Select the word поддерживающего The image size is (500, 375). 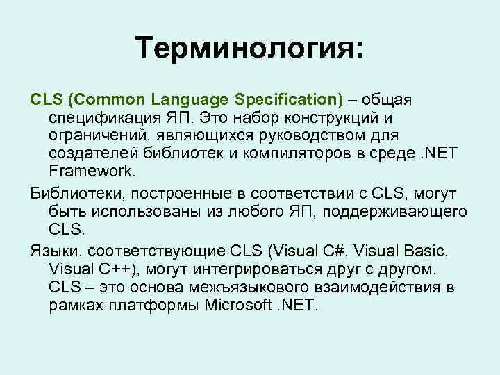pos(402,209)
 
